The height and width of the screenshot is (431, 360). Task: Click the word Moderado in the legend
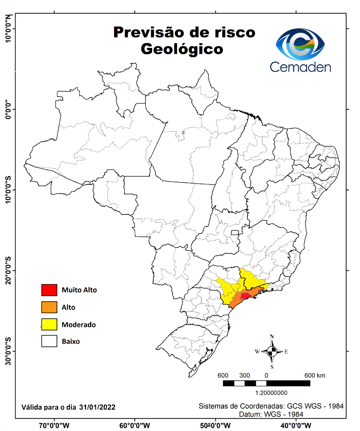[x=79, y=324]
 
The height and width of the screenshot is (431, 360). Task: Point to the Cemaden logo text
[x=300, y=67]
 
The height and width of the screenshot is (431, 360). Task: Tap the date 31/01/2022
[x=97, y=407]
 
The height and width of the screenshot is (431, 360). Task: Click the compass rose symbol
[x=272, y=351]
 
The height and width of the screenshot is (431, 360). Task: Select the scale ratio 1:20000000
[x=266, y=393]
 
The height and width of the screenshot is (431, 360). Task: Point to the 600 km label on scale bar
[x=315, y=375]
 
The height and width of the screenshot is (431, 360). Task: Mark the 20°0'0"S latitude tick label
[x=8, y=271]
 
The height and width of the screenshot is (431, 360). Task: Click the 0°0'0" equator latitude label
[x=8, y=109]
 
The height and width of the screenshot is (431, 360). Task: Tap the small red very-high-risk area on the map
[x=244, y=296]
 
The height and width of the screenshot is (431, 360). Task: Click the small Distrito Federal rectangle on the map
[x=235, y=233]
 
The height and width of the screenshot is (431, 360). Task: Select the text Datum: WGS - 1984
[x=271, y=414]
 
